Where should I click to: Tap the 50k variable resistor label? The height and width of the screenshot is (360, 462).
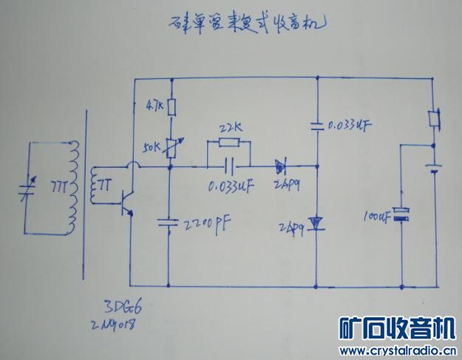(x=153, y=146)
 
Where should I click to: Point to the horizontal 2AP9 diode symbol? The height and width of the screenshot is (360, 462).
(x=282, y=166)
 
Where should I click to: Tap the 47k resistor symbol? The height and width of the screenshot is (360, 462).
(x=170, y=108)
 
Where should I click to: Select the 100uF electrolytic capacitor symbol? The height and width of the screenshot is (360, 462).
(x=401, y=215)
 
